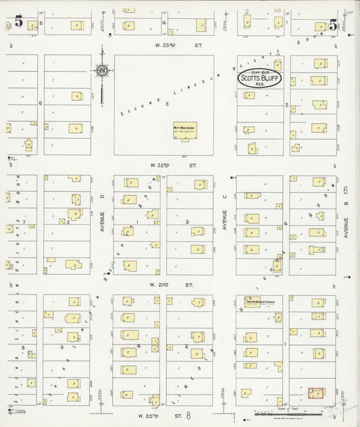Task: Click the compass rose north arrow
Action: click(x=101, y=70)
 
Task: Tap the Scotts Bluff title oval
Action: click(x=260, y=78)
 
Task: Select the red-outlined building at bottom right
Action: click(x=315, y=393)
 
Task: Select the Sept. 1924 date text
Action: click(x=260, y=72)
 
